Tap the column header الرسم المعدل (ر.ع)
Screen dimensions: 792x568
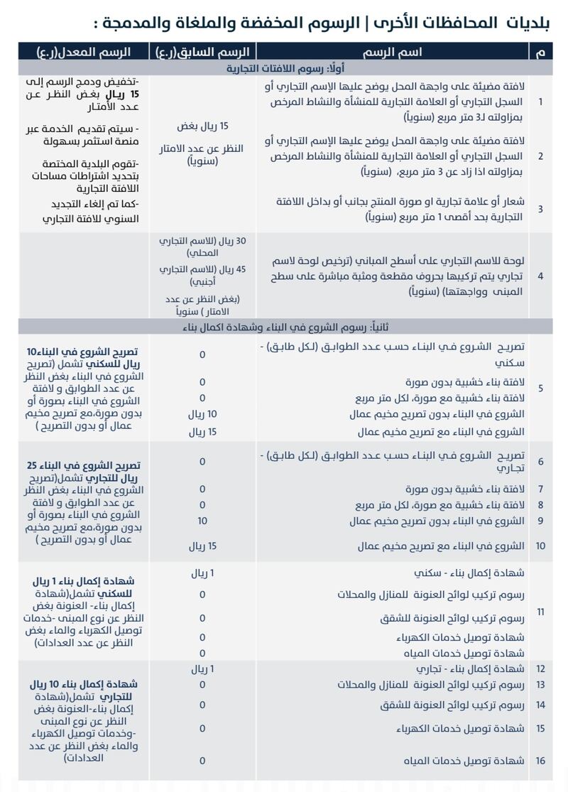84,52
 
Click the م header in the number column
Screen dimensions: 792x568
541,52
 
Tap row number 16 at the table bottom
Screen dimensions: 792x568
541,761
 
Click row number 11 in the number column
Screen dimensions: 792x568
541,612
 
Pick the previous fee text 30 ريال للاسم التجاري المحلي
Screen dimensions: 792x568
202,247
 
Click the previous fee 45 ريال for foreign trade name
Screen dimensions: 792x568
202,276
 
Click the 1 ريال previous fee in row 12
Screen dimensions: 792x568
202,668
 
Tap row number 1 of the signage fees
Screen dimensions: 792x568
541,102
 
